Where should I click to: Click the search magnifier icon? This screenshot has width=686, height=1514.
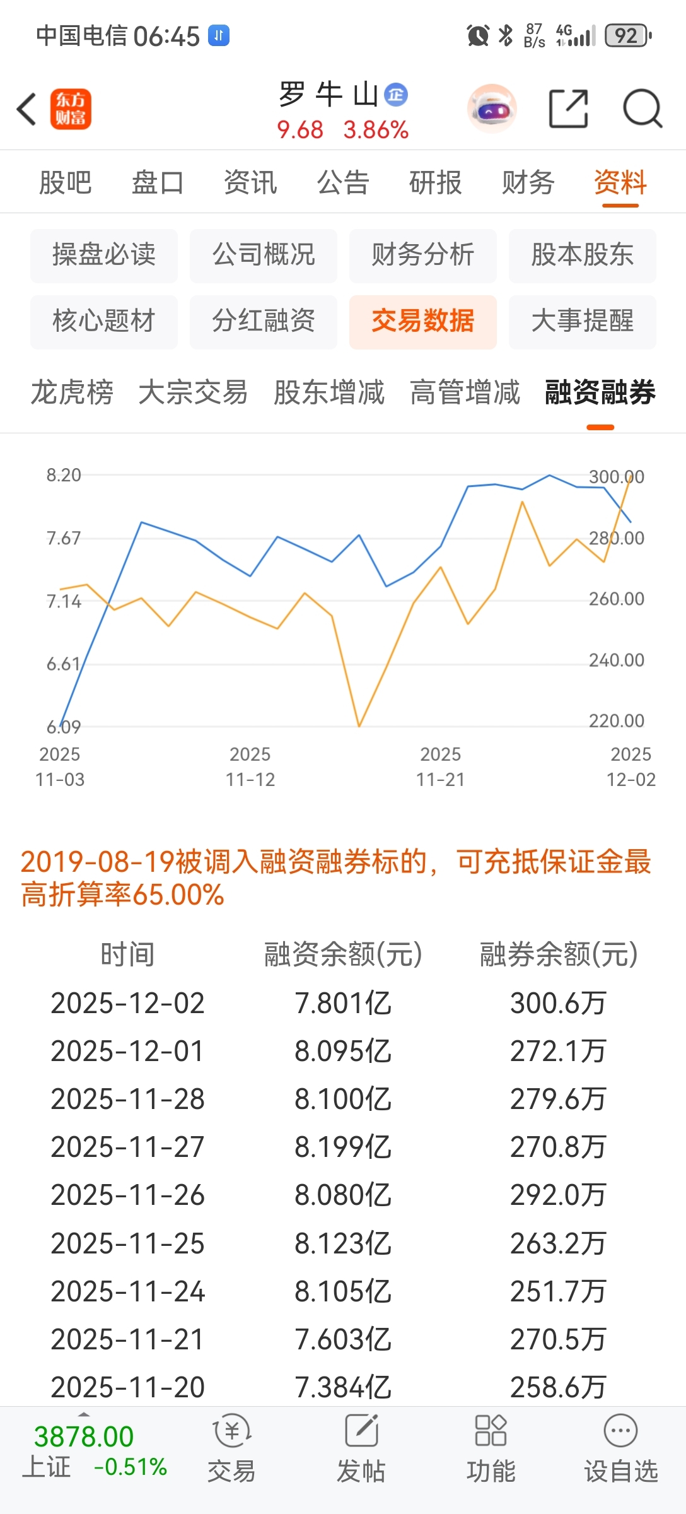(x=642, y=109)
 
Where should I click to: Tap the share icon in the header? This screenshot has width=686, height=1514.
(x=568, y=109)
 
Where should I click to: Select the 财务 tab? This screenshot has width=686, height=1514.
(x=528, y=183)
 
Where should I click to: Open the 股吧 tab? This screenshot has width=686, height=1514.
(x=66, y=183)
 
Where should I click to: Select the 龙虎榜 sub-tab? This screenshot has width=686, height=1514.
(x=73, y=392)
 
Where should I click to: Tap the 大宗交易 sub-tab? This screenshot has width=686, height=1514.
(x=193, y=392)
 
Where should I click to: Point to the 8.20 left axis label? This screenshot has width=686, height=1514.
(x=64, y=475)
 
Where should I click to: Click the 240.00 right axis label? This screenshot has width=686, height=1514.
(x=616, y=660)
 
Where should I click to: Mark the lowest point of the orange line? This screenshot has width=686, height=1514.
(x=359, y=726)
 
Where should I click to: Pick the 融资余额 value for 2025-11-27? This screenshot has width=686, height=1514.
(x=343, y=1147)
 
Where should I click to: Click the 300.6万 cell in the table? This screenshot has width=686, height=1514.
(x=558, y=1003)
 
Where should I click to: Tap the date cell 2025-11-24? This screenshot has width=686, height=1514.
(x=127, y=1291)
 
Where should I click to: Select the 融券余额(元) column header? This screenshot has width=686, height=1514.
(x=558, y=954)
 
